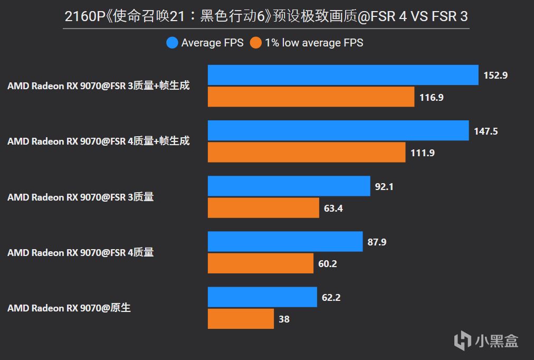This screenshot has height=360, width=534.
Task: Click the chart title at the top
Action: (266, 16)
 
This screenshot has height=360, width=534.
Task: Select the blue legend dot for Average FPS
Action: (172, 43)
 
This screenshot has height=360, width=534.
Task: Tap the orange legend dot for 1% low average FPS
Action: (256, 43)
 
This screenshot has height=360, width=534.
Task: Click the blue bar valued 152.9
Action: (343, 75)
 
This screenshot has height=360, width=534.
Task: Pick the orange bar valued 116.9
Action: (311, 97)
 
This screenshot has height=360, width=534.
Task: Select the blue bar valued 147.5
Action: (338, 130)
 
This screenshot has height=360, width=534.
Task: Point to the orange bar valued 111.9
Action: (307, 153)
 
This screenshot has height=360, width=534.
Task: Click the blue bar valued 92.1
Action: (289, 186)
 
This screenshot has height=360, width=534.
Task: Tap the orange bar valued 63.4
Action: (263, 208)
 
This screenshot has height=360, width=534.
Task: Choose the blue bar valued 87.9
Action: (285, 241)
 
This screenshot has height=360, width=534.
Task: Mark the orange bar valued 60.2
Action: (261, 263)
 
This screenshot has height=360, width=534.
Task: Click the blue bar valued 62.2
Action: (262, 297)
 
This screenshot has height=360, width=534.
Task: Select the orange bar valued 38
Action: (241, 319)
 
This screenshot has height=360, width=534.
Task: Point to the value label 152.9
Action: (495, 75)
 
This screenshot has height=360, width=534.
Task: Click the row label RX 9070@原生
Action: (69, 308)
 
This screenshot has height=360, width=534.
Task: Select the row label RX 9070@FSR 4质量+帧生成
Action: (98, 141)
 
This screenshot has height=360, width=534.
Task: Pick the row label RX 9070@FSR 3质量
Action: (81, 197)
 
